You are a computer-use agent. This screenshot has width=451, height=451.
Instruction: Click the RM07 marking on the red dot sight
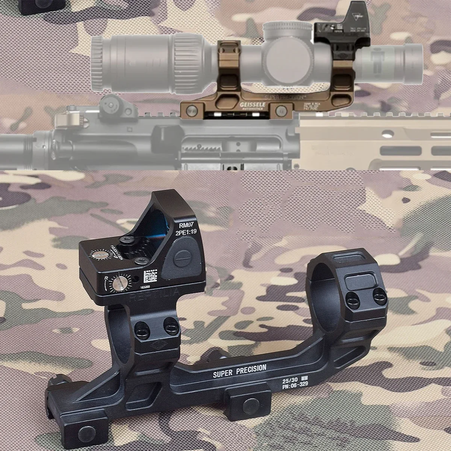[186, 225]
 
